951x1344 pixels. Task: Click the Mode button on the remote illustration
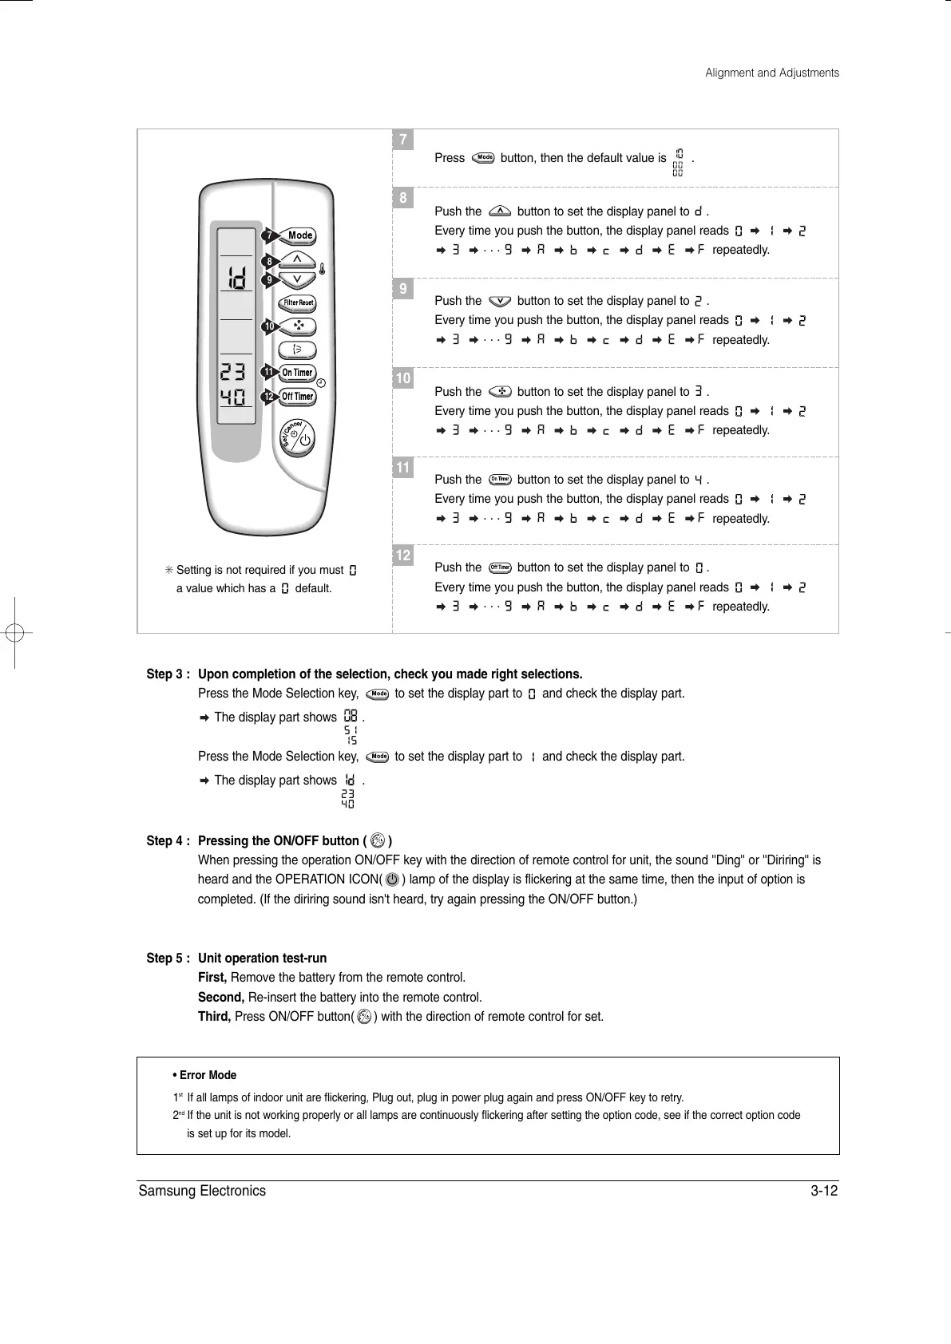coord(300,235)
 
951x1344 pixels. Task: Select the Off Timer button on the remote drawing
coord(298,397)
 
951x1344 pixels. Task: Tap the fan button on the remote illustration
coord(298,326)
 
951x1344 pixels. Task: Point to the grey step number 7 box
coord(403,140)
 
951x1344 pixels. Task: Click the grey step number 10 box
coord(403,378)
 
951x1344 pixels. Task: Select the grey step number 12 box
coord(403,555)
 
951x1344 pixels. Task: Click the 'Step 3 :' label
coord(168,674)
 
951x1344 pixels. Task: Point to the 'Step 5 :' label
coord(168,959)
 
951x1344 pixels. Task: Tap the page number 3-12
coord(823,1192)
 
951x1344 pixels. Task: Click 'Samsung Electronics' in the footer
coord(202,1192)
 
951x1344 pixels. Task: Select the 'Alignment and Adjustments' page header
coord(771,73)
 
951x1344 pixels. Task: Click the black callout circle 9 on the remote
coord(270,281)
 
